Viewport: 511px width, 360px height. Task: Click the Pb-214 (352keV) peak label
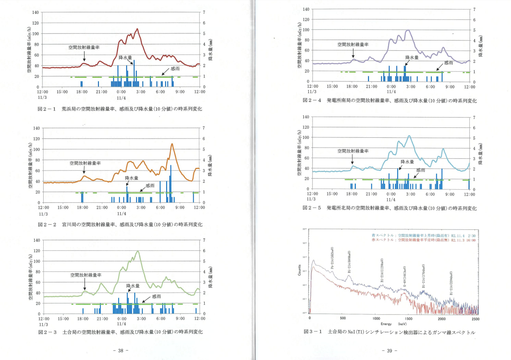pos(332,258)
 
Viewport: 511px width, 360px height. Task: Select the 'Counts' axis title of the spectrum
pos(300,271)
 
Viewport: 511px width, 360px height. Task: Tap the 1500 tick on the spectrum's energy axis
pos(409,318)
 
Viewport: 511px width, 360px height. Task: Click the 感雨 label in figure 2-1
pos(175,69)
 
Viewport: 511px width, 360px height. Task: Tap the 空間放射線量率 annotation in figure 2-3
pos(86,275)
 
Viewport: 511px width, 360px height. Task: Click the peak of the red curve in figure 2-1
pos(137,29)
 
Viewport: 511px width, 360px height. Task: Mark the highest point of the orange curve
pos(172,144)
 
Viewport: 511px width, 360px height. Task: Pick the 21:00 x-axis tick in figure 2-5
pos(371,194)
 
